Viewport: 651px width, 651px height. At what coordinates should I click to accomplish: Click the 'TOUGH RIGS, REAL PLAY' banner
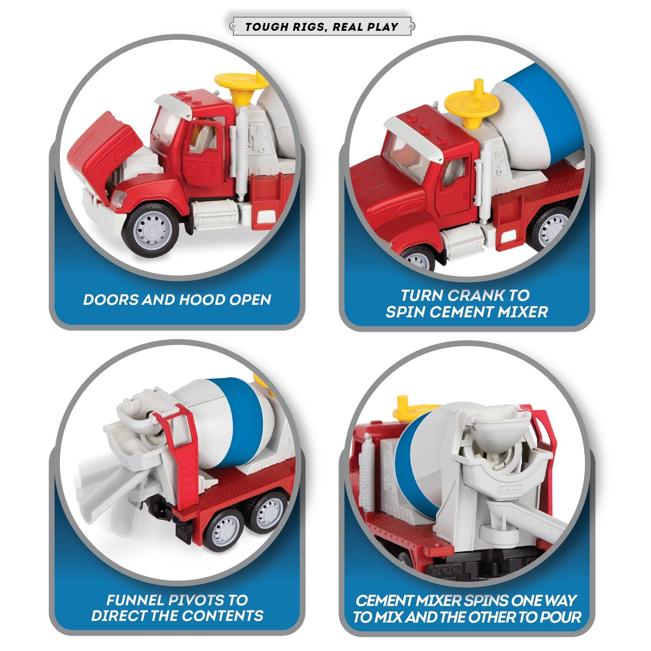click(322, 26)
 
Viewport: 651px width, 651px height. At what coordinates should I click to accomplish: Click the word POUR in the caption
click(560, 617)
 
